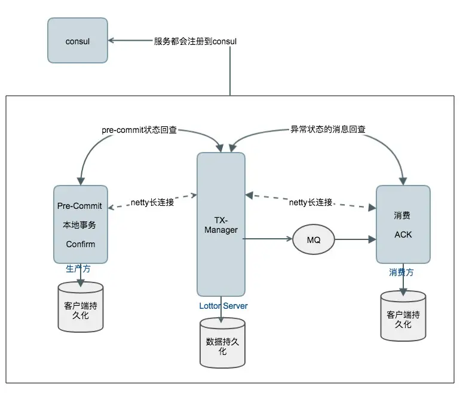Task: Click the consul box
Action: click(78, 41)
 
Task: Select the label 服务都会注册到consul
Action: click(195, 41)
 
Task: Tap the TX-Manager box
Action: click(221, 224)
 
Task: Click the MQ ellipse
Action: click(313, 239)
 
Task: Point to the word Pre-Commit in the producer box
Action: click(79, 206)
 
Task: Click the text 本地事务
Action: click(79, 225)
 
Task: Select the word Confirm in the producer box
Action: click(80, 244)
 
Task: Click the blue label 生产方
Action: click(78, 269)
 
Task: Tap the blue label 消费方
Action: click(401, 272)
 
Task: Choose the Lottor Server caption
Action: click(223, 306)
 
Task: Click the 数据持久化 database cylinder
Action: click(222, 343)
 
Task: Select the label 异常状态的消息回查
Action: click(328, 129)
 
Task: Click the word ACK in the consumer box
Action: click(403, 235)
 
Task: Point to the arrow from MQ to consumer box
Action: click(355, 239)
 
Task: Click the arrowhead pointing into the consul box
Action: click(112, 41)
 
